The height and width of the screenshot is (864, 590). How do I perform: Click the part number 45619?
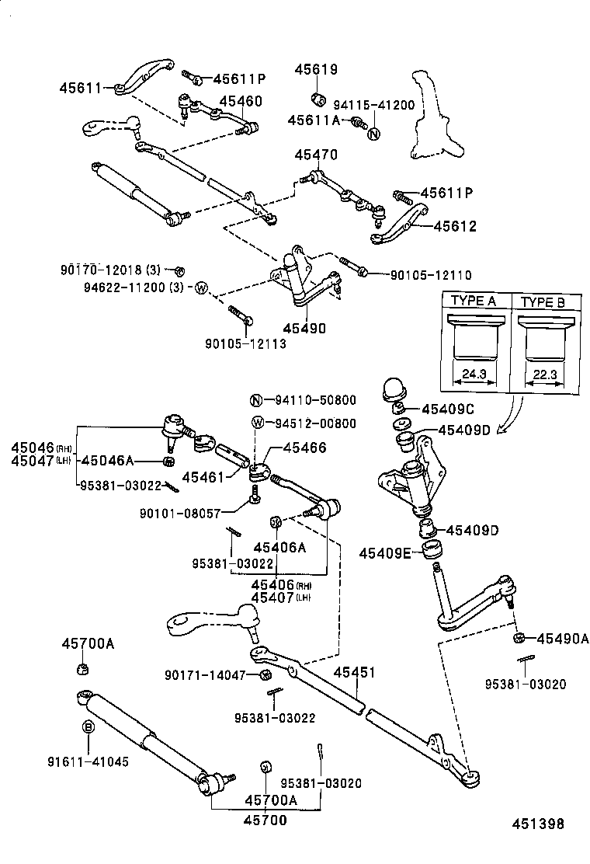316,70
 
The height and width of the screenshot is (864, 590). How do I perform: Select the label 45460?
240,102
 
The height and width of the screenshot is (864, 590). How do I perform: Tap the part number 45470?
316,155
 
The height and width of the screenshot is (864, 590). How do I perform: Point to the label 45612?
455,226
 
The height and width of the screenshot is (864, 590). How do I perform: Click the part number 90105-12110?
430,275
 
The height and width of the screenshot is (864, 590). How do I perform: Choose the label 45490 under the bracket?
304,329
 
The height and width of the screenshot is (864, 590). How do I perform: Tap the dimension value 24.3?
473,374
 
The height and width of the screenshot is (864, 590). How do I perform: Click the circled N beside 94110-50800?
257,401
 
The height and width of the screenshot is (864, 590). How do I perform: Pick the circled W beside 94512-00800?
257,423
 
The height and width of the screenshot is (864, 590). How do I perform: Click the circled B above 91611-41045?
88,726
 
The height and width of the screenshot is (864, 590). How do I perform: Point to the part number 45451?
355,673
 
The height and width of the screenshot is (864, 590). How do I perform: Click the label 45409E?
386,553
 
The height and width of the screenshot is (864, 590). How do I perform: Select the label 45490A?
560,639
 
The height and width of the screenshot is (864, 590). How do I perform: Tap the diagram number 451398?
537,824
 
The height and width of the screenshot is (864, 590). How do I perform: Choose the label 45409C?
448,409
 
